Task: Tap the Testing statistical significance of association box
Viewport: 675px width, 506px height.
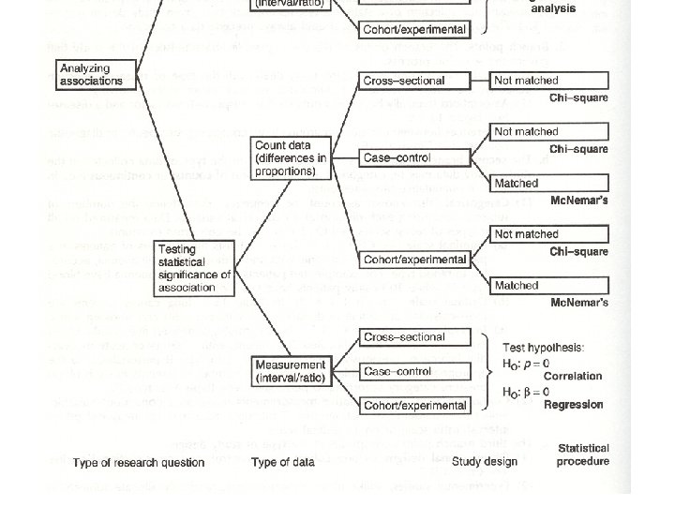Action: [x=194, y=268]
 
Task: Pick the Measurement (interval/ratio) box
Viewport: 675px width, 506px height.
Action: [x=290, y=371]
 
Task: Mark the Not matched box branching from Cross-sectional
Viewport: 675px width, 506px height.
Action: [x=526, y=82]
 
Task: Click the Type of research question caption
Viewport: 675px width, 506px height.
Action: [x=139, y=462]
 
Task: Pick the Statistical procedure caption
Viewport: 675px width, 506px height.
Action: [x=583, y=454]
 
